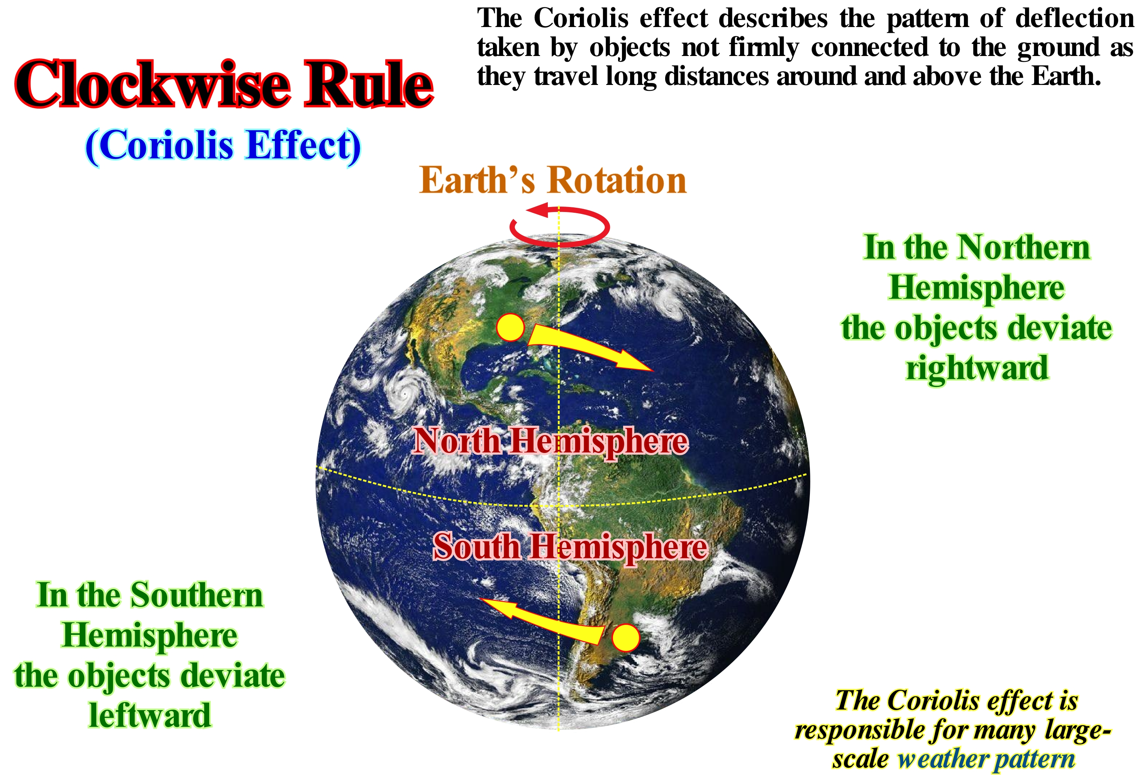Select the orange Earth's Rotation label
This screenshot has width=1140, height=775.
tap(553, 180)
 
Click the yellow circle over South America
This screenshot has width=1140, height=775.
tap(626, 638)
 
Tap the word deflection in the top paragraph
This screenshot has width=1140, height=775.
tap(1074, 19)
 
